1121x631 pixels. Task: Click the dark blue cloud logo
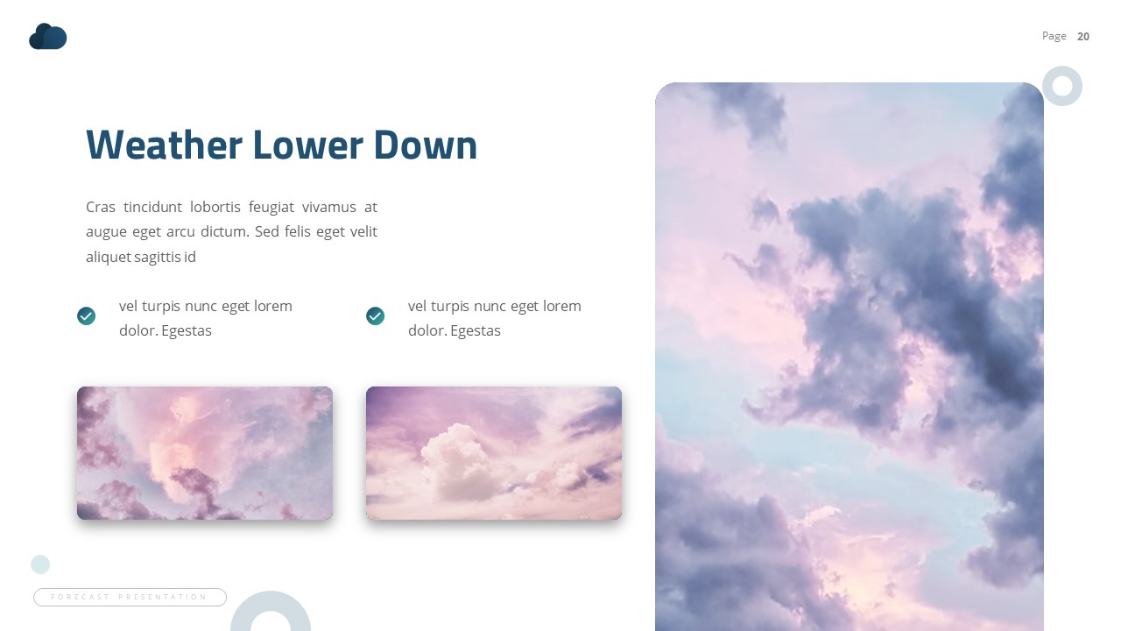48,37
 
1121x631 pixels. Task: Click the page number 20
1083,36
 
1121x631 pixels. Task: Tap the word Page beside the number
1054,36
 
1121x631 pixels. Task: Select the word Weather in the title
164,145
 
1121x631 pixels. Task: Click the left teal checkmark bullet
86,315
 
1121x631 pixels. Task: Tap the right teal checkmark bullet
375,315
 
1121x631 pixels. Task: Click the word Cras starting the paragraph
101,208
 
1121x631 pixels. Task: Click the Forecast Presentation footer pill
130,597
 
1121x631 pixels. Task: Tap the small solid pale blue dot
40,564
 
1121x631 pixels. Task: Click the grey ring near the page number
1062,86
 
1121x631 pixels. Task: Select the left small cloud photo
205,453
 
